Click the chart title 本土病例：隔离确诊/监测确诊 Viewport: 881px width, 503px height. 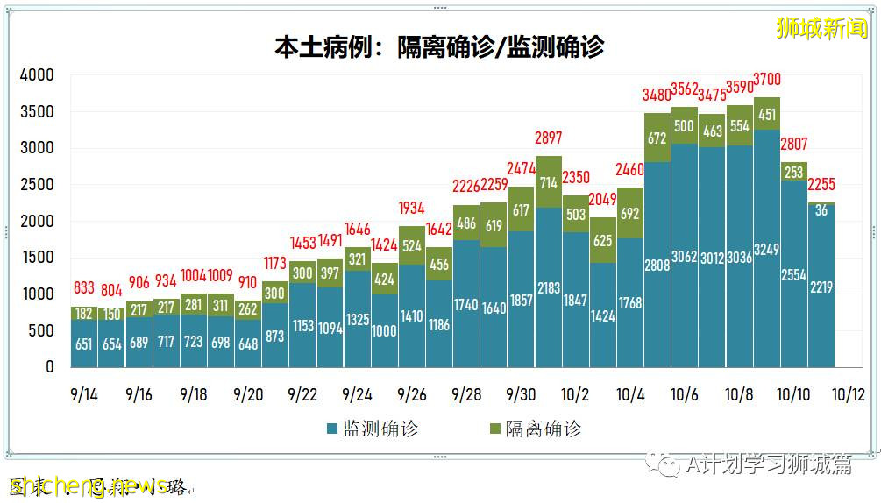(x=439, y=46)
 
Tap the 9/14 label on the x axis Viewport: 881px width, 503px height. (x=84, y=395)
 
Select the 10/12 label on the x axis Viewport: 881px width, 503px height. (x=848, y=395)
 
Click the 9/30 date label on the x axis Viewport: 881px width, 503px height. (x=521, y=395)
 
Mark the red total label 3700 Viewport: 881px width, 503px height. (x=766, y=81)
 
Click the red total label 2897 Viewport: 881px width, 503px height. (x=549, y=138)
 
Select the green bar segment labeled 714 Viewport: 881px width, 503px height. (x=549, y=182)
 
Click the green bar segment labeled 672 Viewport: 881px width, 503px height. (x=657, y=138)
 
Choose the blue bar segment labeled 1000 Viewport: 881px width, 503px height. (x=385, y=330)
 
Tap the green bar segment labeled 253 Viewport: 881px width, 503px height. (x=793, y=172)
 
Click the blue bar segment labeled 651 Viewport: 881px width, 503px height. (x=84, y=344)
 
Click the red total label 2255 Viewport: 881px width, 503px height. (x=821, y=186)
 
